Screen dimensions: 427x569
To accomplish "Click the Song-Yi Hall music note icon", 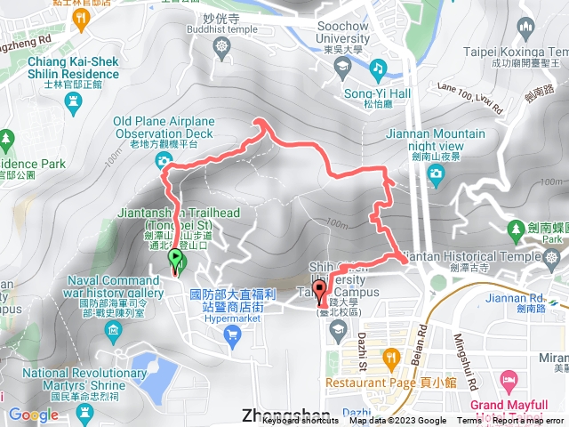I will coord(377,68).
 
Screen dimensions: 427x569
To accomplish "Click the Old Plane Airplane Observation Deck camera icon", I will coord(163,160).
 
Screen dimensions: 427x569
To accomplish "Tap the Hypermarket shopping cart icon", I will coord(233,334).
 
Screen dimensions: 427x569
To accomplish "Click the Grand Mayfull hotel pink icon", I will coord(509,376).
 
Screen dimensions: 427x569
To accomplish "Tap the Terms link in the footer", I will coord(469,421).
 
